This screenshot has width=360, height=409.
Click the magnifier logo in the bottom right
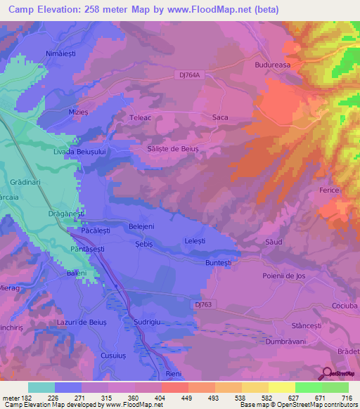click(x=326, y=374)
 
